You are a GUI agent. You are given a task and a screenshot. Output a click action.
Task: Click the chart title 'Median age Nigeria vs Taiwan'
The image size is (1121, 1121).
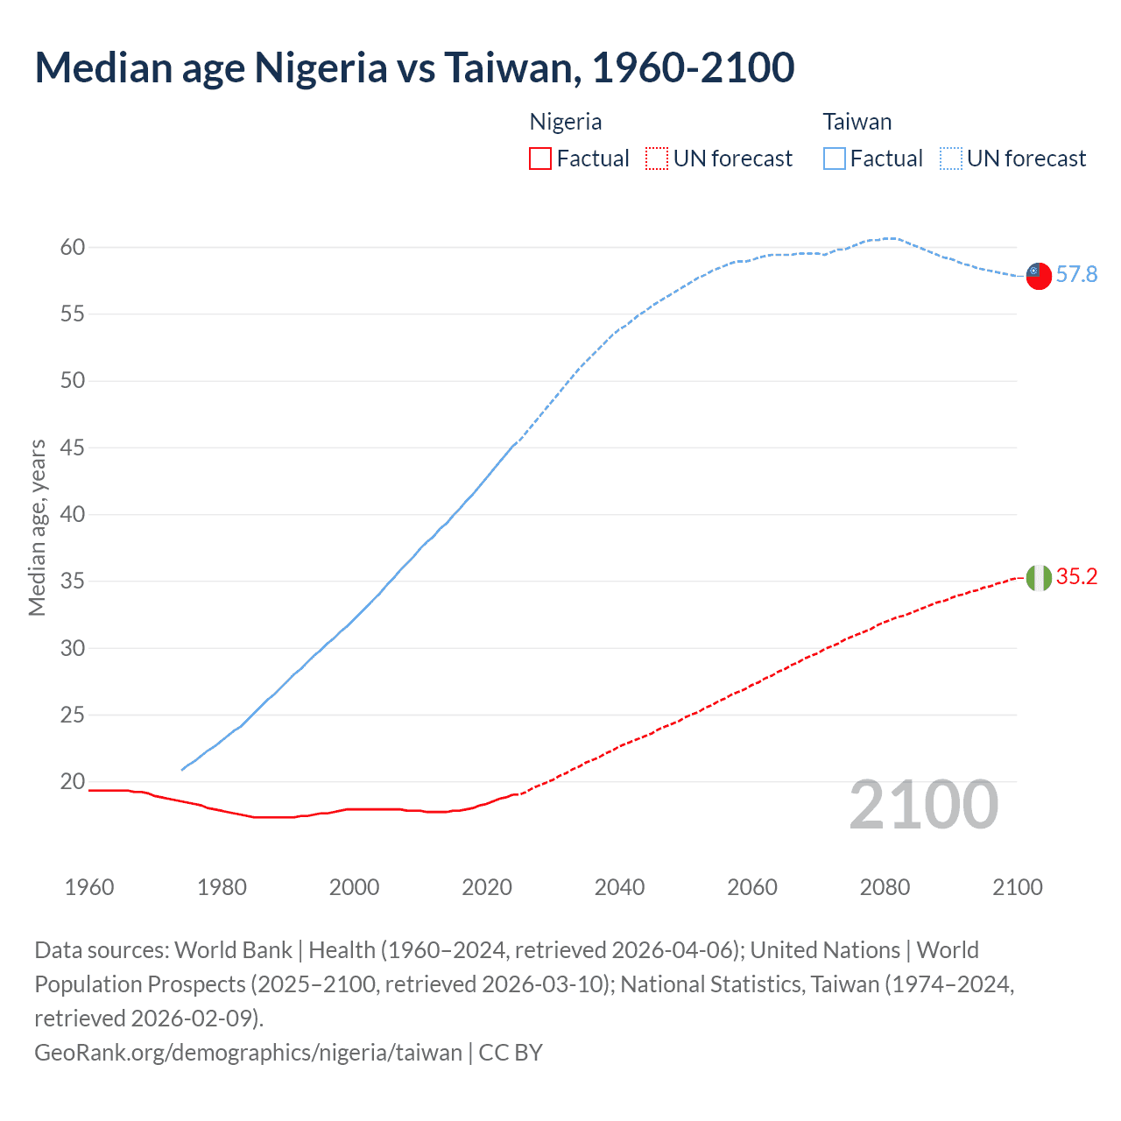[x=414, y=68]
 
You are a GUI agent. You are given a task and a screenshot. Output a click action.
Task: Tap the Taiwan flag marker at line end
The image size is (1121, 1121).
[x=1038, y=275]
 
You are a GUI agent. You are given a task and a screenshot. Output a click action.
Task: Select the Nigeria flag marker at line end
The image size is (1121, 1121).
[x=1038, y=578]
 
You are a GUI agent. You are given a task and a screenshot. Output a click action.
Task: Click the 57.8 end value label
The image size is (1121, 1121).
[x=1076, y=275]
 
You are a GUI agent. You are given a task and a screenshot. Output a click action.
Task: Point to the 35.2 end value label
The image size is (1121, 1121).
[x=1076, y=577]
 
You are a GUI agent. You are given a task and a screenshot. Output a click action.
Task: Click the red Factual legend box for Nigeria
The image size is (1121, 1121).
[x=540, y=159]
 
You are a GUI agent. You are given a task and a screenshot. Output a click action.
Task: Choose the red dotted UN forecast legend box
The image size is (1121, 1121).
[x=657, y=159]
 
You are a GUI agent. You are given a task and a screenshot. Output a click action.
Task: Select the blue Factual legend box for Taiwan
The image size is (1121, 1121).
[x=835, y=159]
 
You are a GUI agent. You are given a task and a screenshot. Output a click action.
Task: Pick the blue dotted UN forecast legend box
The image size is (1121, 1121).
[x=951, y=159]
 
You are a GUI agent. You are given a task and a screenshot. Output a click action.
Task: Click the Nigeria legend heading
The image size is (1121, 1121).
[x=566, y=122]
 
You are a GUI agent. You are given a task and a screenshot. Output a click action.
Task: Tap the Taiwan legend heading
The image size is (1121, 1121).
[x=857, y=122]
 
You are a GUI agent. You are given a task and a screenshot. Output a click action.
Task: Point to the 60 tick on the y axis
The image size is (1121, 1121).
[x=73, y=248]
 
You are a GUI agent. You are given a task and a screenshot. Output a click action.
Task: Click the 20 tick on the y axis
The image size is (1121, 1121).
[x=73, y=782]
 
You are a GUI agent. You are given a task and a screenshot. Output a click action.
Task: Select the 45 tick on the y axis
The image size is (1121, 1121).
[x=73, y=448]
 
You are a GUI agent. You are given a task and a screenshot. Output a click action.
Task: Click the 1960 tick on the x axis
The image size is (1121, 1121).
[x=89, y=887]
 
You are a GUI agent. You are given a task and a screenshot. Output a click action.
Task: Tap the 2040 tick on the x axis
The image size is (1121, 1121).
[x=619, y=887]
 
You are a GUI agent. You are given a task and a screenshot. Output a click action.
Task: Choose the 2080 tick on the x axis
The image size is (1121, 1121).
[x=885, y=887]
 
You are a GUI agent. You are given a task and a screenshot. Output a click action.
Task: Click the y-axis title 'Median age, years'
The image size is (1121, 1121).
[x=37, y=528]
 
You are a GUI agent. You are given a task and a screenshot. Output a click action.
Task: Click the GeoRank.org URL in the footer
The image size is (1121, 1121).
[x=248, y=1052]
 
